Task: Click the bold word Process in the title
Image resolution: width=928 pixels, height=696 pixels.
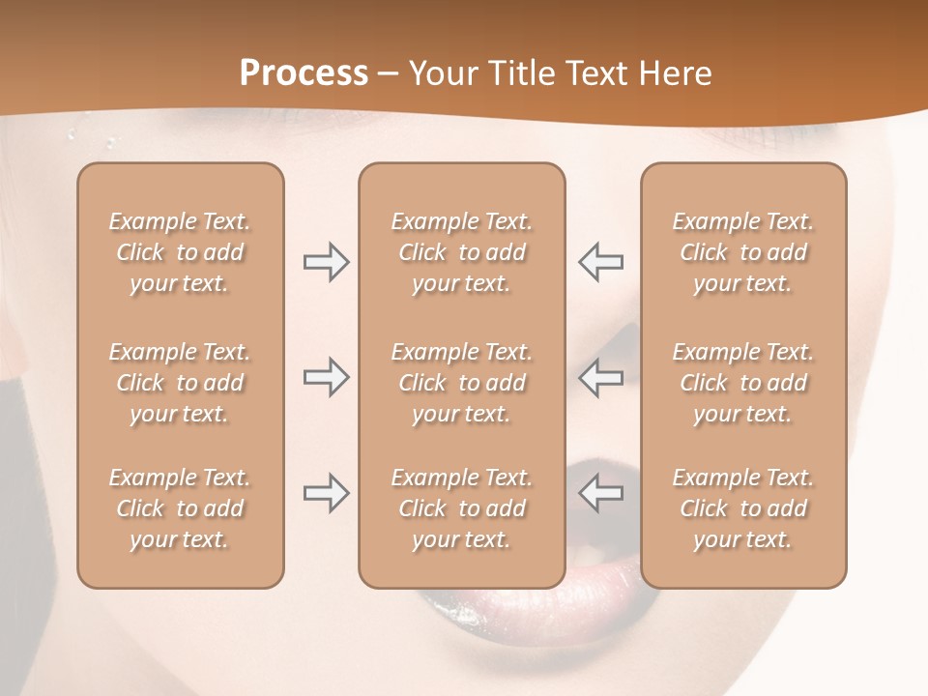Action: (304, 73)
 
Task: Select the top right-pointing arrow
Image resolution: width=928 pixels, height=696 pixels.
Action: (327, 262)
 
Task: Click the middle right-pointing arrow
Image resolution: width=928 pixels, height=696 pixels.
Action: (327, 377)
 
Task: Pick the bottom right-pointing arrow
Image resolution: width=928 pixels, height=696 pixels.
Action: (327, 493)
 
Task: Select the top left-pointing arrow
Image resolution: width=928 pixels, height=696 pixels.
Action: (601, 262)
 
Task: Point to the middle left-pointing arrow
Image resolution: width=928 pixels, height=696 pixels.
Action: (601, 377)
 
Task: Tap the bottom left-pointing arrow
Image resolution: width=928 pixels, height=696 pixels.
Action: (601, 493)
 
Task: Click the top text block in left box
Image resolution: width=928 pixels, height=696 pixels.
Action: (180, 252)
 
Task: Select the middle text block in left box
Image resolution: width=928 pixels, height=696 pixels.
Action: (180, 383)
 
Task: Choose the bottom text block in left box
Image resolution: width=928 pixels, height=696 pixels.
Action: (180, 508)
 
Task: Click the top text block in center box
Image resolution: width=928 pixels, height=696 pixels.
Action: (461, 252)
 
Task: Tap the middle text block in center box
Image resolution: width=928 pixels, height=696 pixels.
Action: (461, 383)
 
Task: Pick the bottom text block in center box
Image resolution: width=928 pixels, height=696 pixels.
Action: (461, 508)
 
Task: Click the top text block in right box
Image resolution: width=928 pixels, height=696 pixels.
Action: (742, 252)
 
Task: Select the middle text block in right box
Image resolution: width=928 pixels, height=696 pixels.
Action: (742, 383)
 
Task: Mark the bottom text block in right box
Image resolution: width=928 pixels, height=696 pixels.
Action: (742, 508)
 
